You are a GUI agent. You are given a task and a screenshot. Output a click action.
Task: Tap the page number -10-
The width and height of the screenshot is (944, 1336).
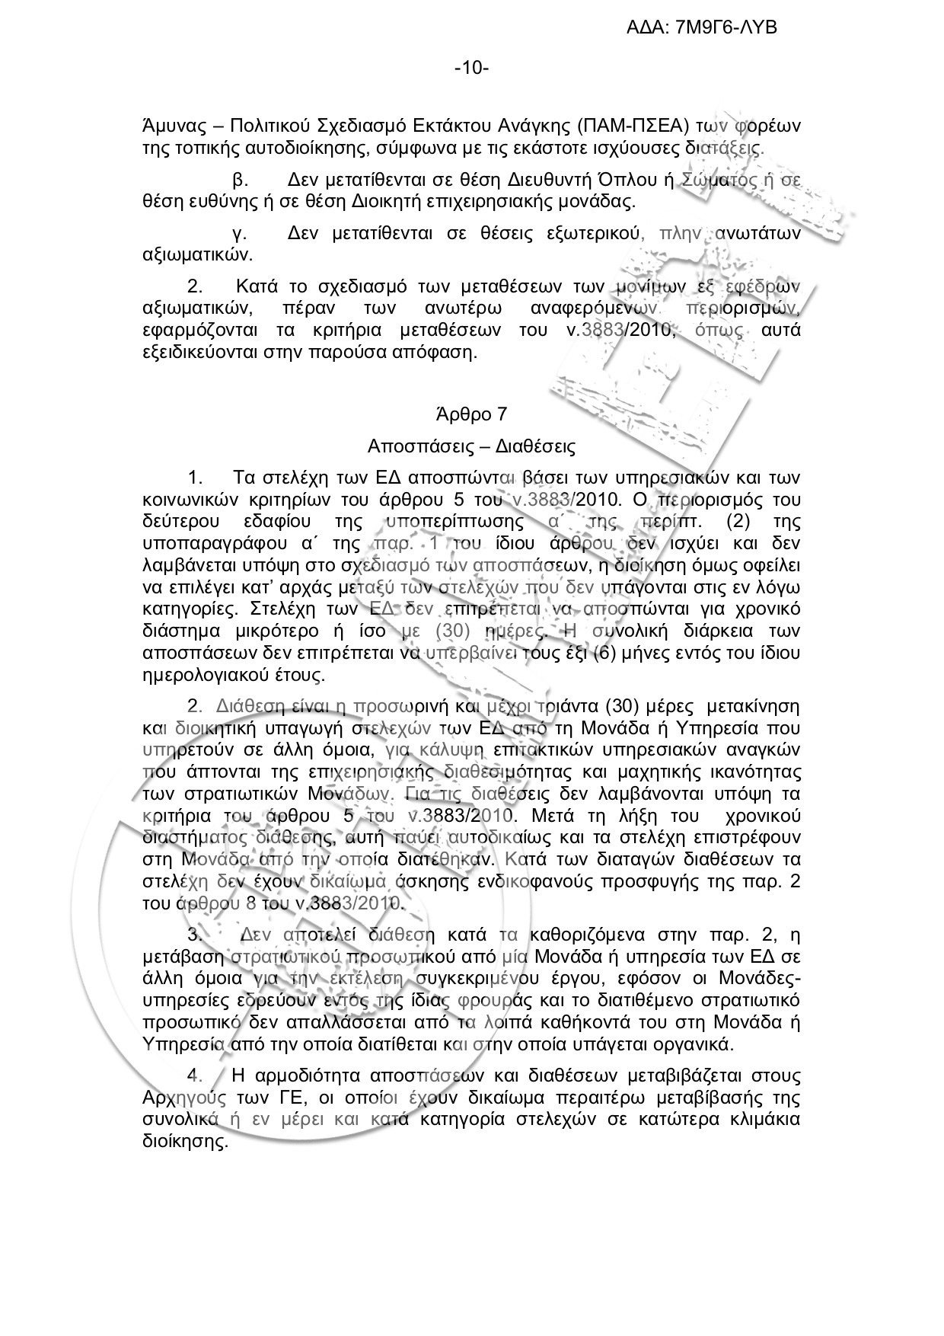click(x=471, y=69)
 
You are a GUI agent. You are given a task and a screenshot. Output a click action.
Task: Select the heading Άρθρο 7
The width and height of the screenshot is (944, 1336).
click(x=471, y=414)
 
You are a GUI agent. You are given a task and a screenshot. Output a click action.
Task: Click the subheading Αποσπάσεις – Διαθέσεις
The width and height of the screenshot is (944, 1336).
click(x=471, y=445)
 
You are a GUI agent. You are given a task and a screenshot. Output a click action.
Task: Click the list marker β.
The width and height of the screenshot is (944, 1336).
click(x=237, y=181)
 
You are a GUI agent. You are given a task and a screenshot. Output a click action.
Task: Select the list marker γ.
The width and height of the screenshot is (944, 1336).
click(x=236, y=233)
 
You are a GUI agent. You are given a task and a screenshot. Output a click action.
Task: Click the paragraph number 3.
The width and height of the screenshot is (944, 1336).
click(x=194, y=935)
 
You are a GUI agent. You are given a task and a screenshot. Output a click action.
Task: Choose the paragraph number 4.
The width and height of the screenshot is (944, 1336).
click(x=194, y=1076)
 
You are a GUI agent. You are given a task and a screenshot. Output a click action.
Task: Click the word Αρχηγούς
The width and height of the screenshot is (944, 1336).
click(x=180, y=1098)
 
